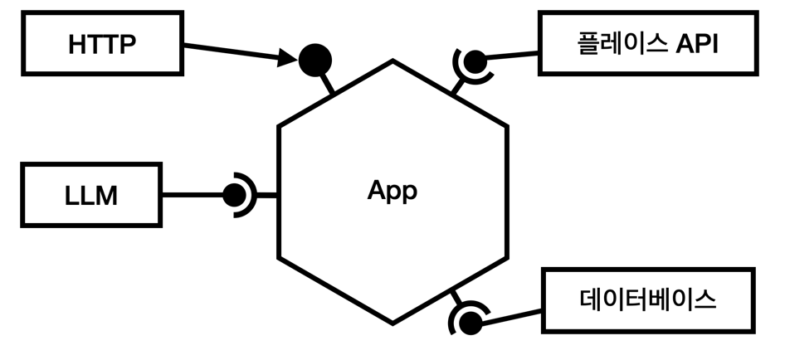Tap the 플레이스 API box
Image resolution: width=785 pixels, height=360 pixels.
click(x=647, y=43)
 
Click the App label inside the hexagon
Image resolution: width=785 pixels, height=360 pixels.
click(x=392, y=191)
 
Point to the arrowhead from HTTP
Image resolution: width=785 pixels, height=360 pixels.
click(x=289, y=59)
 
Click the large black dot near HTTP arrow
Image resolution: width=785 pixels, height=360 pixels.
click(x=315, y=59)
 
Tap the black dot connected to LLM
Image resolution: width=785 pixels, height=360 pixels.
click(x=234, y=197)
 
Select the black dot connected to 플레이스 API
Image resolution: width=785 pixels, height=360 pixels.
click(x=475, y=61)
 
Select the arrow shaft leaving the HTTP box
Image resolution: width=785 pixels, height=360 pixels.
click(x=232, y=51)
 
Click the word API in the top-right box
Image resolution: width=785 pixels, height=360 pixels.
click(x=693, y=43)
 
